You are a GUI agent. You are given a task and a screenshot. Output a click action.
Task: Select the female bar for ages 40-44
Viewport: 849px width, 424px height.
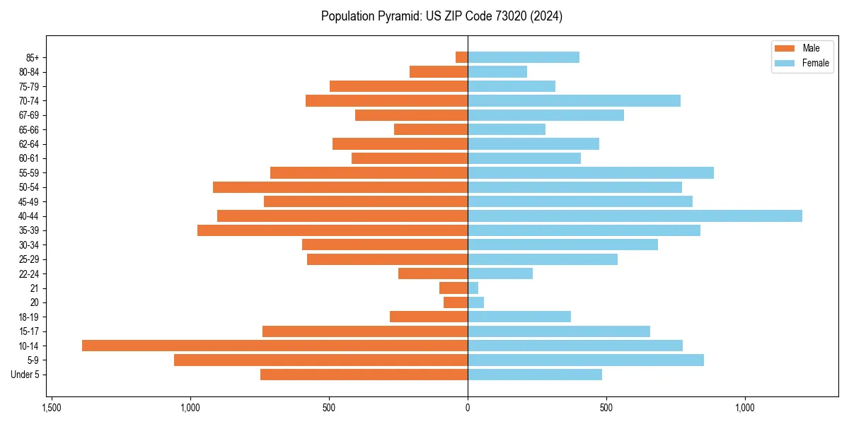pyautogui.click(x=635, y=216)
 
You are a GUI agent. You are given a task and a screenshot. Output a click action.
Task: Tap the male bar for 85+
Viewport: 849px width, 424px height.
pyautogui.click(x=461, y=57)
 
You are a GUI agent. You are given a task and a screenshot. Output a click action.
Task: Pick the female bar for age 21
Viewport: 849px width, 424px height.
pyautogui.click(x=473, y=288)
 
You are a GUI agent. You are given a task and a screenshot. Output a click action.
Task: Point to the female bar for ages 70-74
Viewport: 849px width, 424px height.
pyautogui.click(x=574, y=100)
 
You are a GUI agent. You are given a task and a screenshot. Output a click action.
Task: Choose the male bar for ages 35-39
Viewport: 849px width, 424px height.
pyautogui.click(x=333, y=230)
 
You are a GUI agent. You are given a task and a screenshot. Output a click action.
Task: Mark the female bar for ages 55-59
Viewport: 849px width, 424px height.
pyautogui.click(x=591, y=172)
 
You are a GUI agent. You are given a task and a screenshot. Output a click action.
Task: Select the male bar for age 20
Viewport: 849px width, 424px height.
pyautogui.click(x=456, y=302)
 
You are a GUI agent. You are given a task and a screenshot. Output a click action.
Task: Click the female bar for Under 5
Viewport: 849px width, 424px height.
pyautogui.click(x=535, y=375)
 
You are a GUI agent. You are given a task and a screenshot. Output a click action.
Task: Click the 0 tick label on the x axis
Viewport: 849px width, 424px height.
pyautogui.click(x=468, y=408)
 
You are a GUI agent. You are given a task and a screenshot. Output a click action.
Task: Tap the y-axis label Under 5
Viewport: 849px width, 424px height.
pyautogui.click(x=25, y=375)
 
